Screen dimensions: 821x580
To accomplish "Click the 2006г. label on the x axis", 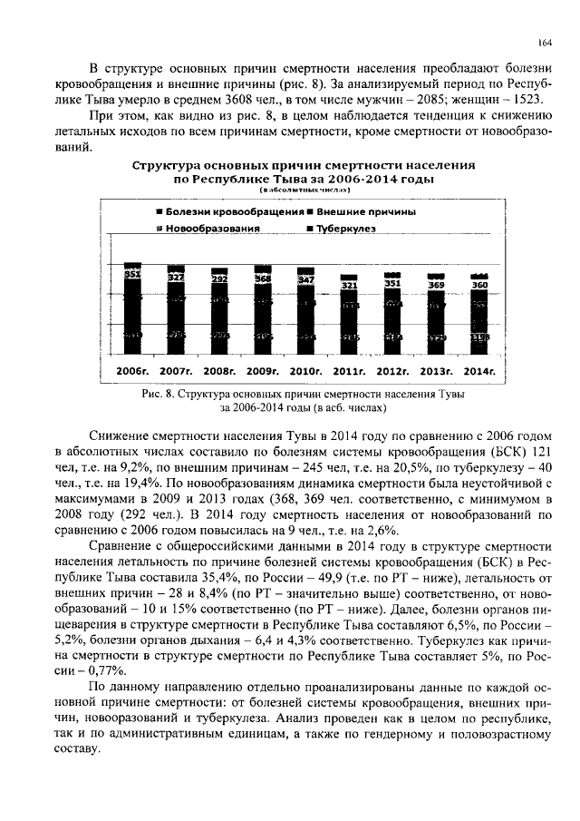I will coord(131,372).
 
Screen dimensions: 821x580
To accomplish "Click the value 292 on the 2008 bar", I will coord(218,280).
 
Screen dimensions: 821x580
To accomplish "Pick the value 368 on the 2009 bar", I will coord(262,279).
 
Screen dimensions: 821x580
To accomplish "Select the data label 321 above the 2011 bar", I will coord(349,285).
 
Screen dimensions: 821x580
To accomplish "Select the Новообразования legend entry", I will coord(212,230).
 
